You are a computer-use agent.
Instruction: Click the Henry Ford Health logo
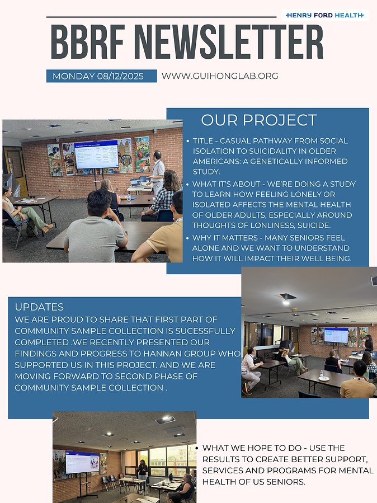[325, 15]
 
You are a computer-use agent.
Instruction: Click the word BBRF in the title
[87, 43]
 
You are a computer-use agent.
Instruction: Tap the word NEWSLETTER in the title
[228, 43]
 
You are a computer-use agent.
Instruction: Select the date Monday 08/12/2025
[101, 76]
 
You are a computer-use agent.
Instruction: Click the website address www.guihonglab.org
[219, 76]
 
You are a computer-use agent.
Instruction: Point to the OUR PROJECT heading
[259, 120]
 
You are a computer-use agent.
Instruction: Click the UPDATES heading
[39, 307]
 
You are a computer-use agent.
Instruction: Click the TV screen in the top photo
[96, 154]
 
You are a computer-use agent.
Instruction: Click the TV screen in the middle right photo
[336, 336]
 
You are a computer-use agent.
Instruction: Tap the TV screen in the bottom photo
[82, 462]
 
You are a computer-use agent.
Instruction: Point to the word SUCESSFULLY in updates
[198, 331]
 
